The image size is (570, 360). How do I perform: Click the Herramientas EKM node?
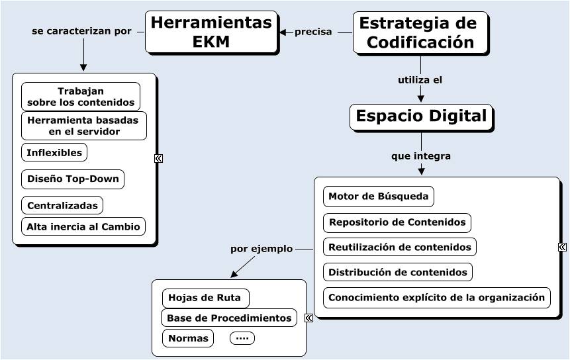(x=211, y=32)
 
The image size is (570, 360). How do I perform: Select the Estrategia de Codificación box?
(x=420, y=32)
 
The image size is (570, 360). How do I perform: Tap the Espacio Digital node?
(x=421, y=117)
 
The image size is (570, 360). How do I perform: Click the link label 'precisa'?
(x=313, y=32)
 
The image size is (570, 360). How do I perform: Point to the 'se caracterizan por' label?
(x=81, y=31)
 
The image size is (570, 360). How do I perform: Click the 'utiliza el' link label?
(x=420, y=80)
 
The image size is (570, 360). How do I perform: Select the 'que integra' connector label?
(x=421, y=156)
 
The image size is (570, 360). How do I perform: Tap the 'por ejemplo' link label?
(x=261, y=249)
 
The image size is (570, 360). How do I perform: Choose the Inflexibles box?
(x=54, y=152)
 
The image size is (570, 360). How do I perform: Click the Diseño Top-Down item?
(x=73, y=179)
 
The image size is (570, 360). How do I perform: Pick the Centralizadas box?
(x=62, y=205)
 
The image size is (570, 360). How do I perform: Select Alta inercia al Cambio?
(x=83, y=226)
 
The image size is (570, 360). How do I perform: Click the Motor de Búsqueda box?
(x=379, y=196)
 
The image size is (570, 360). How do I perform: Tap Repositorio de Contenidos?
(x=397, y=222)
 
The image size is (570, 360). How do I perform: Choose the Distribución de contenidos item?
(x=398, y=272)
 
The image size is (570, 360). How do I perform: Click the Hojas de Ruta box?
(x=205, y=298)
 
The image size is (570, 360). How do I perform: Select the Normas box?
(x=188, y=338)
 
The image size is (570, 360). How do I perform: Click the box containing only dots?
(x=242, y=338)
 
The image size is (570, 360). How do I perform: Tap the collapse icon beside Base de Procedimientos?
(x=309, y=318)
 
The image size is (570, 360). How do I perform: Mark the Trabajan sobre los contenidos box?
(x=81, y=97)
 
